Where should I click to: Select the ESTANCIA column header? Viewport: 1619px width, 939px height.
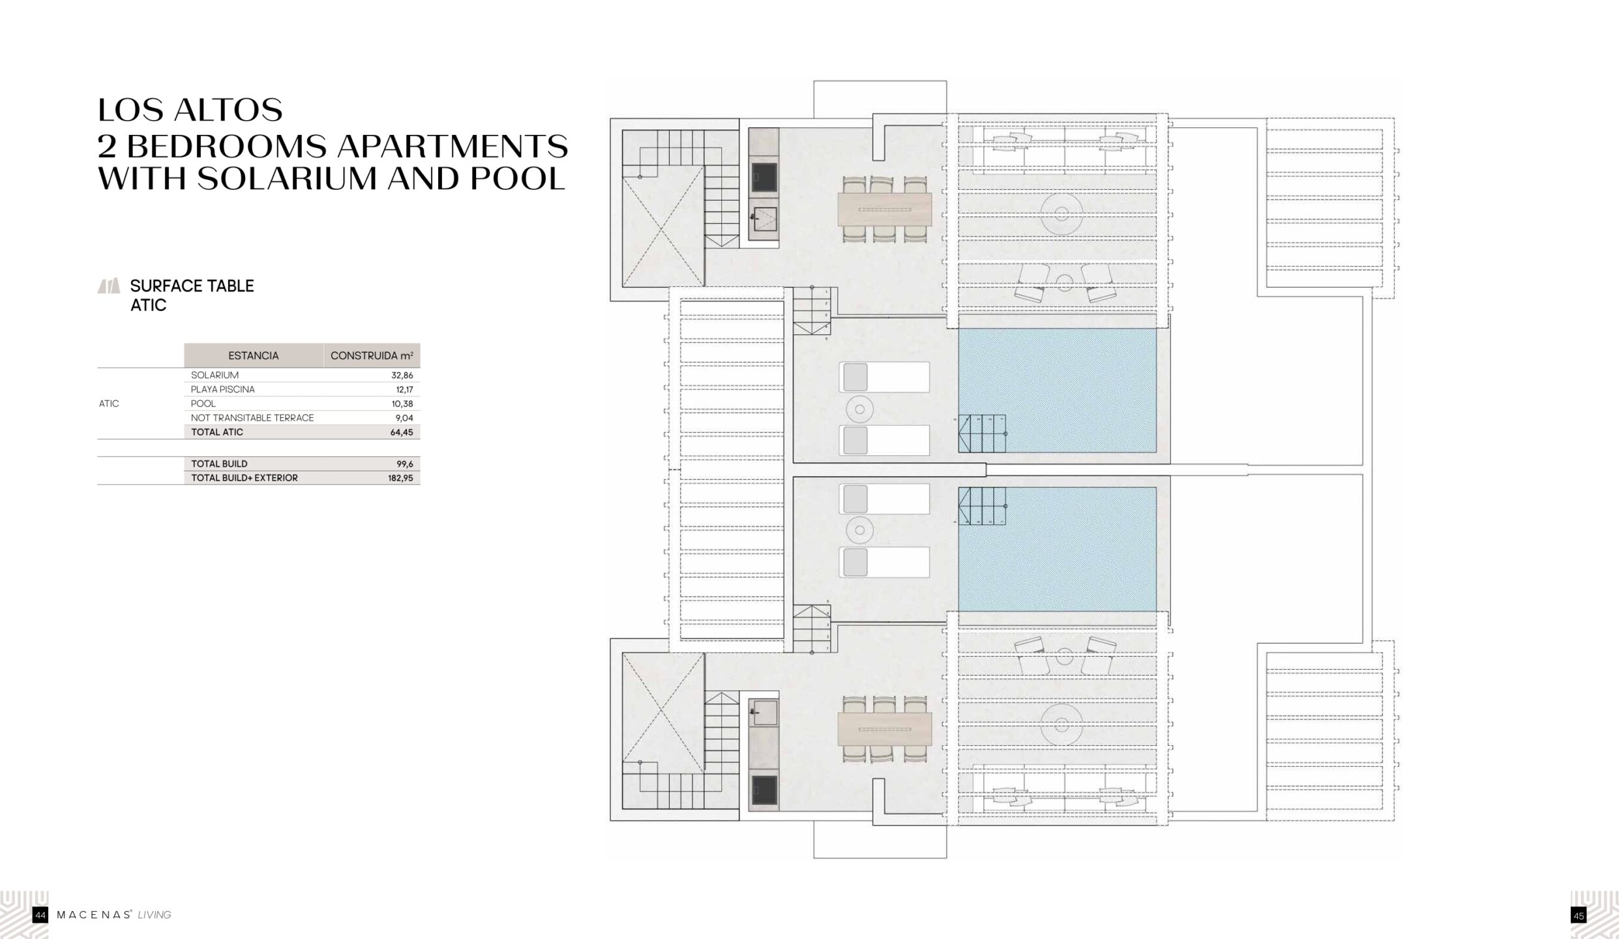[254, 355]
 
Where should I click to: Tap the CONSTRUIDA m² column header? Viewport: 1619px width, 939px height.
[372, 355]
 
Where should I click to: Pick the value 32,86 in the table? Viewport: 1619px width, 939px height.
[402, 376]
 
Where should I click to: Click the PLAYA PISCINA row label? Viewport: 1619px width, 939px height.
[223, 389]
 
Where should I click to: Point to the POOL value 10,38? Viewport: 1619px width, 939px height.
[402, 404]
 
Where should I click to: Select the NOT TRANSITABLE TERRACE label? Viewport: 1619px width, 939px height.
[252, 418]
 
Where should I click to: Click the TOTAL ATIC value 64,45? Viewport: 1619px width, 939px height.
[402, 432]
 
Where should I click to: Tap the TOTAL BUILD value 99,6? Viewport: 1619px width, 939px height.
[405, 464]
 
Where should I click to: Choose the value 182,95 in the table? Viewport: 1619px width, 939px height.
[400, 478]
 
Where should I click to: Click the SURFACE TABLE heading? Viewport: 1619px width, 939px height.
[192, 286]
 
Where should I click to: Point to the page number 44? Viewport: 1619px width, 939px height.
[40, 916]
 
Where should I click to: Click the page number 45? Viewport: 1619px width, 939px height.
[1578, 916]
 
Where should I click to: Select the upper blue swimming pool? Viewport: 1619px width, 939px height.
[1057, 391]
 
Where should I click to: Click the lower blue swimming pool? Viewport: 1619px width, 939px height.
[1057, 549]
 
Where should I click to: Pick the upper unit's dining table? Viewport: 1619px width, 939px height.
[885, 210]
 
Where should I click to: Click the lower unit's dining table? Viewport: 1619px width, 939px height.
[885, 729]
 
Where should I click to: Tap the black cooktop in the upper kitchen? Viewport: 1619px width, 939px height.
[764, 177]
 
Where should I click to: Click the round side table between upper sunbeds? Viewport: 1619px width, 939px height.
[859, 410]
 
